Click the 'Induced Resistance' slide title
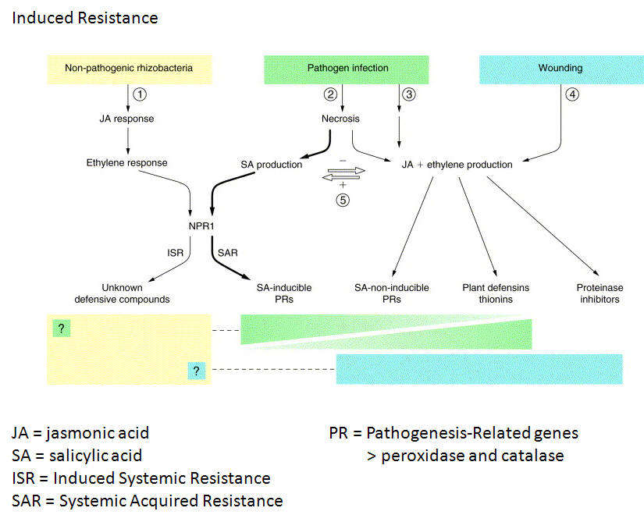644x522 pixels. click(x=85, y=16)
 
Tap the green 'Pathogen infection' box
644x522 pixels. click(x=347, y=68)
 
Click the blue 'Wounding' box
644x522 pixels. click(x=560, y=68)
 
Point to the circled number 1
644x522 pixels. click(x=140, y=94)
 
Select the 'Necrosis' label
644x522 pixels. click(x=341, y=119)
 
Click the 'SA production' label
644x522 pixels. click(x=272, y=165)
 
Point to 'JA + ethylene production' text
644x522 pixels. click(x=457, y=165)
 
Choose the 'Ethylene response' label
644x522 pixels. click(x=127, y=163)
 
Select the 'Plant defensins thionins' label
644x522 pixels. click(x=496, y=293)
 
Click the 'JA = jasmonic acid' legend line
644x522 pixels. click(x=80, y=433)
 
